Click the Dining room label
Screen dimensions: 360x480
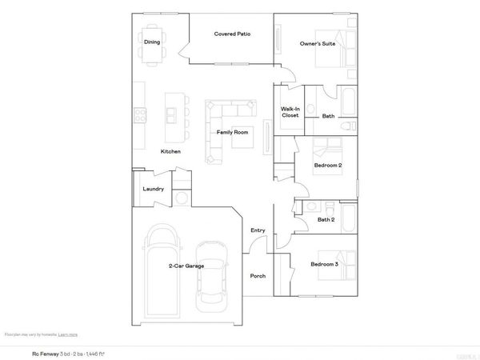point(152,42)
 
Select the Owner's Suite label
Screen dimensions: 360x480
point(317,43)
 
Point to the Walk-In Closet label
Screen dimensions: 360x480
point(290,112)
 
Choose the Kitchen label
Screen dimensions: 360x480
point(170,151)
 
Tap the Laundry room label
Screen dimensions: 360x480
point(153,190)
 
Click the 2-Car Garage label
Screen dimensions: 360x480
point(186,266)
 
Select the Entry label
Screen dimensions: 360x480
point(258,230)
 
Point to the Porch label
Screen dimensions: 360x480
point(258,276)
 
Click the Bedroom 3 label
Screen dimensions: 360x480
point(324,264)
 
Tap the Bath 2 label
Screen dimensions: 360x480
point(326,219)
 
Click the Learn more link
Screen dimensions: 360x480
point(68,334)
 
